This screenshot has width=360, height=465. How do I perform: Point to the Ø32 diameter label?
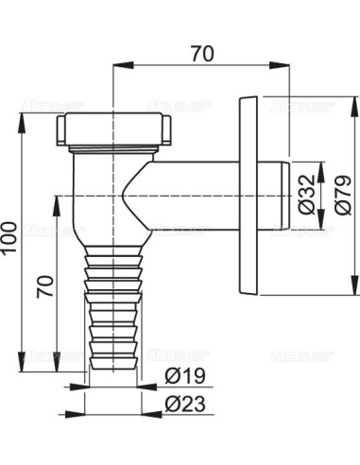[x=304, y=195]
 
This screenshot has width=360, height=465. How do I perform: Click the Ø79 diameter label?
[x=335, y=195]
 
